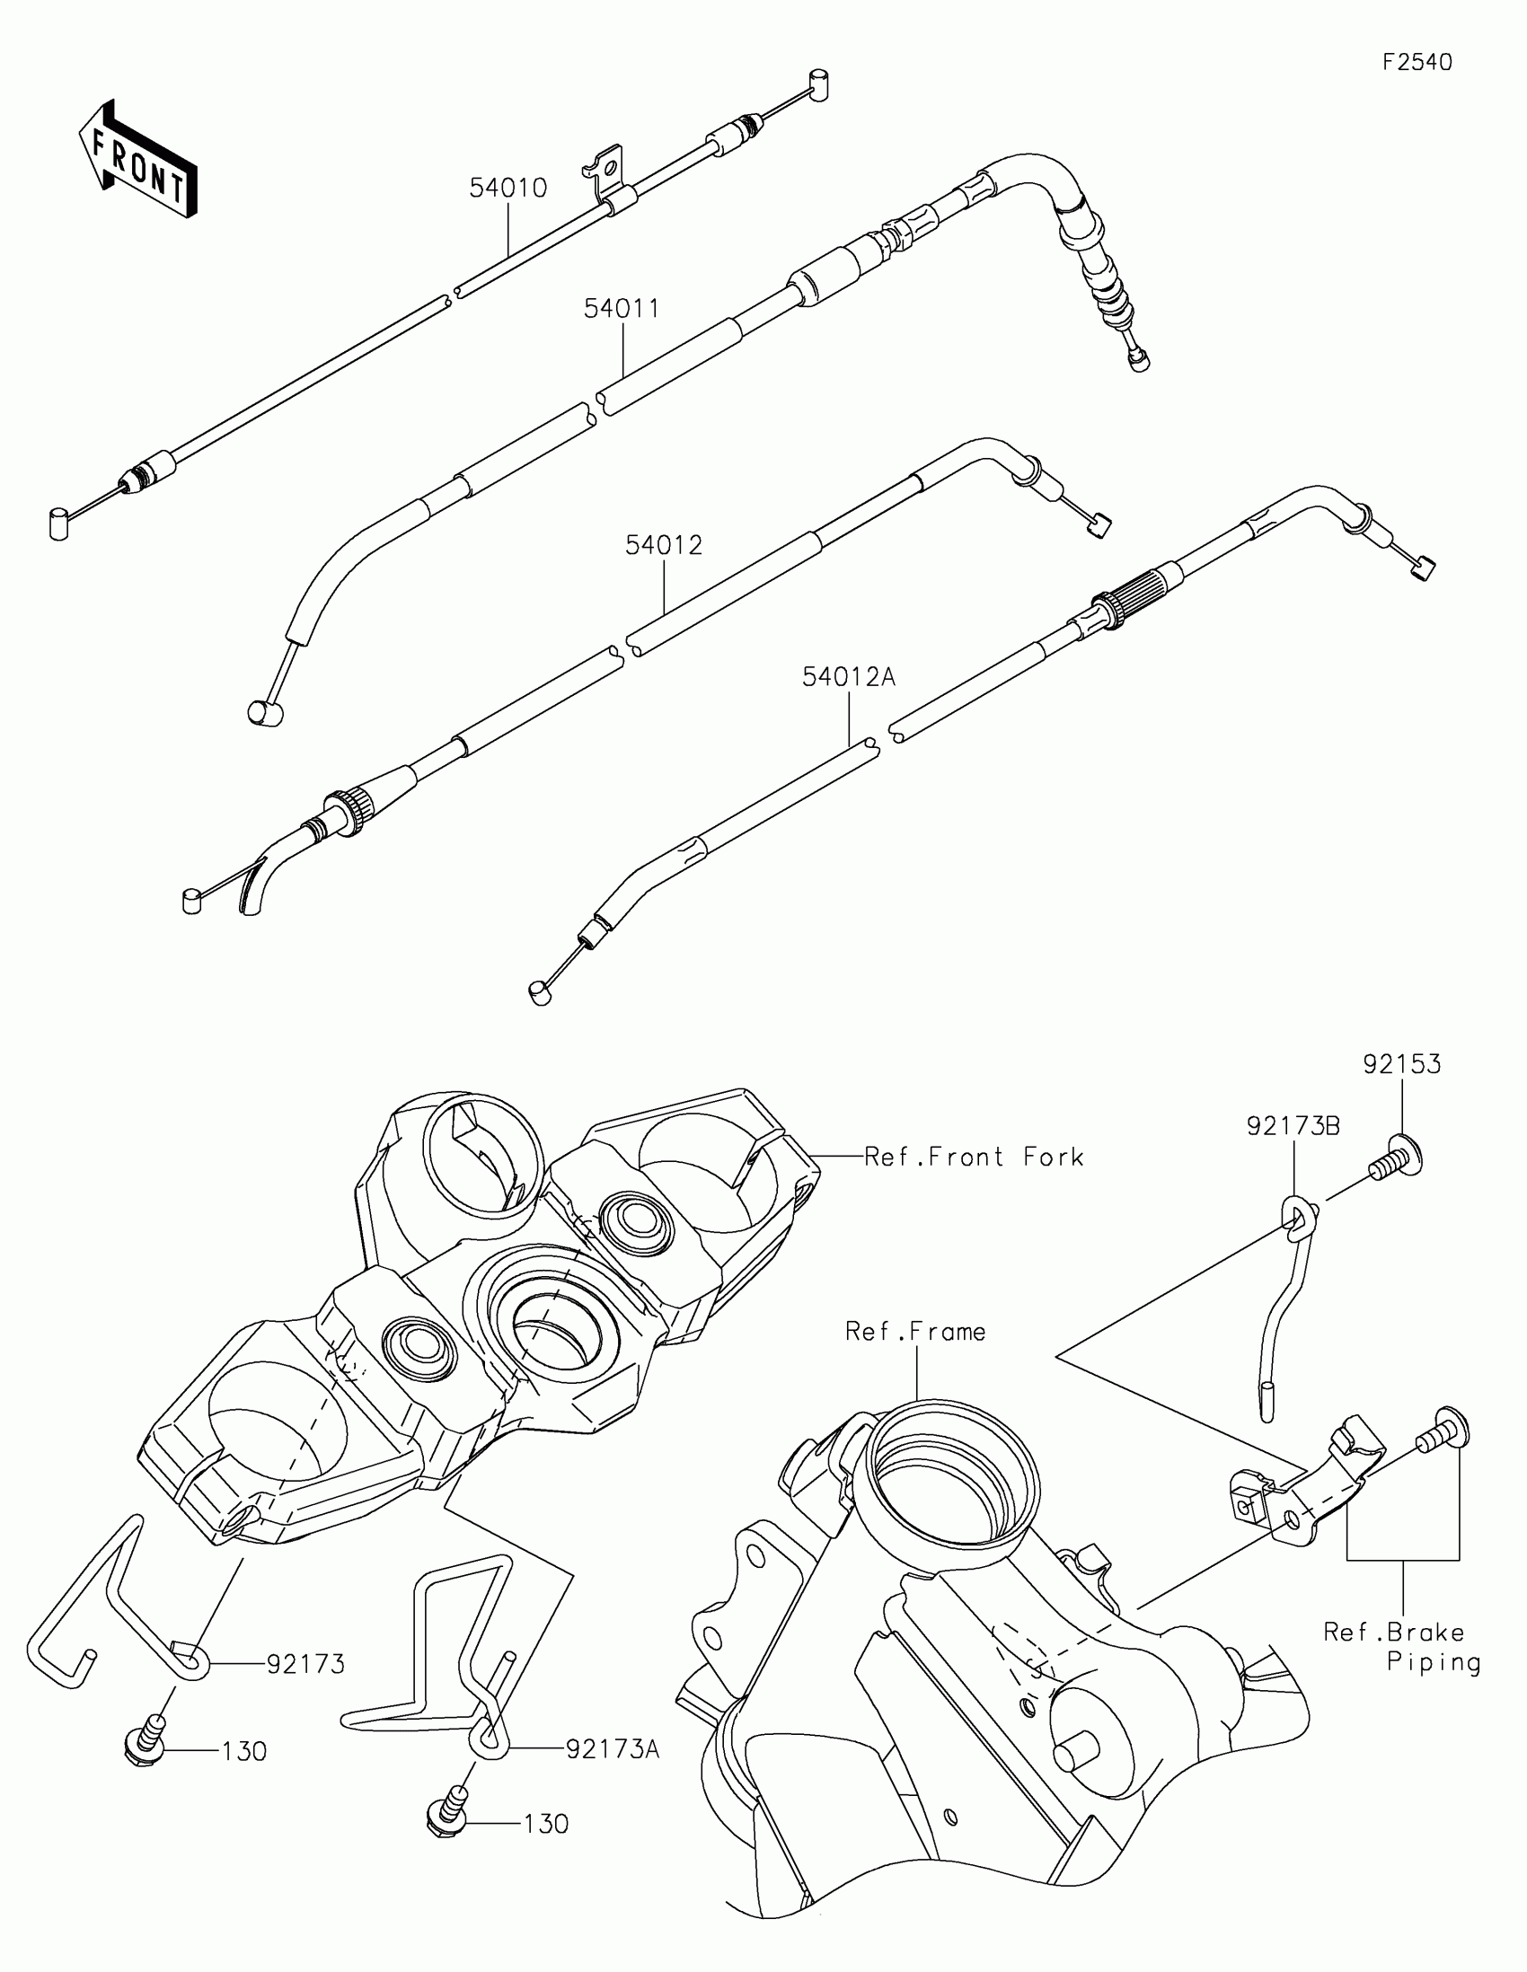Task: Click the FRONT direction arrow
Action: point(137,161)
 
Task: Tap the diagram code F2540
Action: point(1417,62)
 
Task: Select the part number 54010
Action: point(508,188)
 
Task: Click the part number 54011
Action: point(622,308)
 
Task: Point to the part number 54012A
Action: point(849,676)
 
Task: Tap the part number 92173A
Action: point(613,1749)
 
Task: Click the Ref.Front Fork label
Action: point(974,1157)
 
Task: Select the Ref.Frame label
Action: point(914,1332)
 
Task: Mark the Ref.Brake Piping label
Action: point(1401,1647)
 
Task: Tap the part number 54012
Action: point(664,544)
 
